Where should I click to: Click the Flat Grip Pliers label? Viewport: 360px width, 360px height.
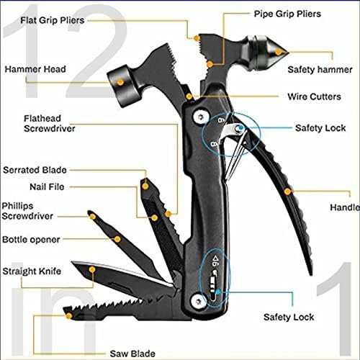click(x=53, y=20)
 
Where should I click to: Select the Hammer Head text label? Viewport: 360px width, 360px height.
click(x=36, y=69)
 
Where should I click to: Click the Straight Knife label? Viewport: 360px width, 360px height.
click(x=31, y=271)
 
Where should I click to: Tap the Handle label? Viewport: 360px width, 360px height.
click(x=344, y=207)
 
